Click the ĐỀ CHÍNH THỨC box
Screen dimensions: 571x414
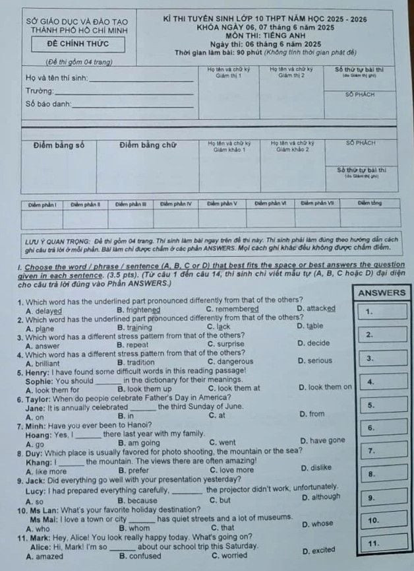(78, 45)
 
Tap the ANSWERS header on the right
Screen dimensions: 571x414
(382, 292)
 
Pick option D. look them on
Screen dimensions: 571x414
(325, 387)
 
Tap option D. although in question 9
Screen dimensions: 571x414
(321, 497)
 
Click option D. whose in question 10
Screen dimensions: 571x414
(317, 524)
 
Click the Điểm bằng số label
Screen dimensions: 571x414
(59, 145)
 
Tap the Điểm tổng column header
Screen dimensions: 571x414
(369, 204)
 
